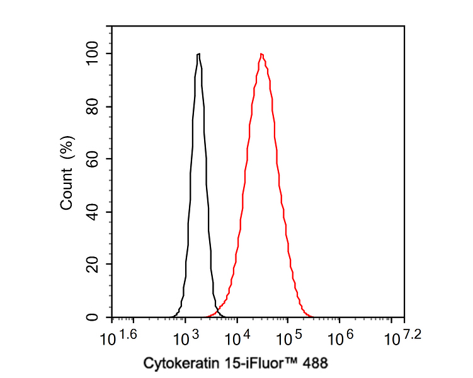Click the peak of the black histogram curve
coord(198,54)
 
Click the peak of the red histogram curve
coord(261,54)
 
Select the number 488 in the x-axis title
coord(316,363)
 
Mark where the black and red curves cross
coord(219,310)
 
